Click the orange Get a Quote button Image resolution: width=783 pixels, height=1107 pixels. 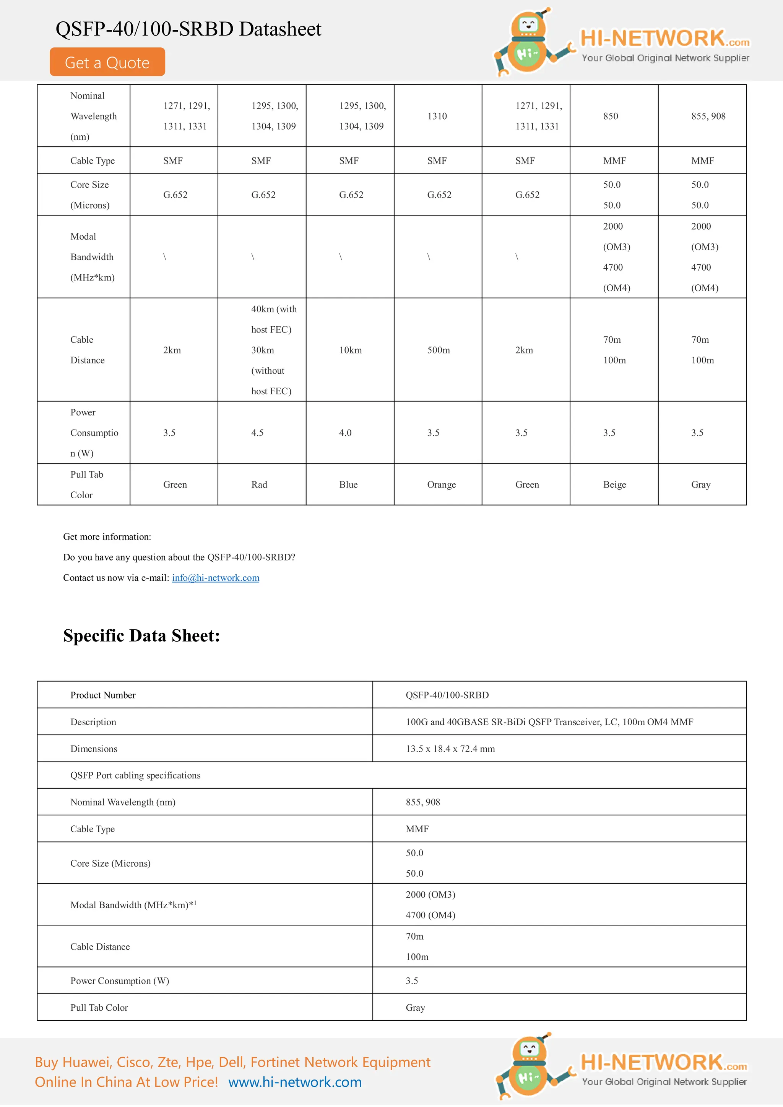click(x=107, y=62)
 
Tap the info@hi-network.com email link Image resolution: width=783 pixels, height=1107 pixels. click(x=215, y=578)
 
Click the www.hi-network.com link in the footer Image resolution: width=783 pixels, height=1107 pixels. click(x=295, y=1082)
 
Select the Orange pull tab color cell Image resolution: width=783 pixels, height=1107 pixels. click(x=441, y=485)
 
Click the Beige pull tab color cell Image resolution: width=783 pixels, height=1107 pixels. click(x=614, y=485)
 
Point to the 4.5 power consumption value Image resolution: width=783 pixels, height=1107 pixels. click(x=257, y=433)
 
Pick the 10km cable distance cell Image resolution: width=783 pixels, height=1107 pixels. click(x=350, y=350)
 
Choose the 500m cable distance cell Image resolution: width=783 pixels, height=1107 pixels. click(x=438, y=350)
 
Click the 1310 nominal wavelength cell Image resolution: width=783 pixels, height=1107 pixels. click(x=437, y=116)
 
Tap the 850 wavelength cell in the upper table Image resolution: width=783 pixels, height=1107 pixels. click(x=610, y=116)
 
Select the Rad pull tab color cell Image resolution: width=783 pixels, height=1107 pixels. click(x=259, y=485)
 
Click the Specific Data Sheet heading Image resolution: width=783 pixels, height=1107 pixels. click(x=141, y=635)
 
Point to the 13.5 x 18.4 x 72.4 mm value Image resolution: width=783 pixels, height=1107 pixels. click(x=450, y=749)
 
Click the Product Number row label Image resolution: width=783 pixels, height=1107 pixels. click(x=103, y=695)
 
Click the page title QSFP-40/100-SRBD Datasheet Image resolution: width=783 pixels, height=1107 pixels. click(x=188, y=29)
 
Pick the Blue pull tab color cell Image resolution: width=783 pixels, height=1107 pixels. click(x=348, y=485)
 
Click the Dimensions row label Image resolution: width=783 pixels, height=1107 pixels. click(x=94, y=749)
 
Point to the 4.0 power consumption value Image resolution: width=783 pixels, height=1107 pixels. click(x=345, y=433)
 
